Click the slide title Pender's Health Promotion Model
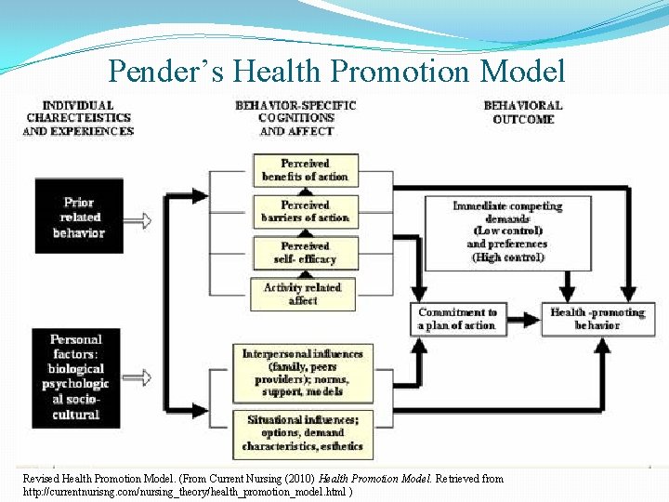pos(335,70)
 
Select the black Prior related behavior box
pos(79,218)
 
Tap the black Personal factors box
pos(76,377)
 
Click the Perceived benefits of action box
pos(305,170)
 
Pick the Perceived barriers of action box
pos(305,211)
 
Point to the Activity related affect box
pos(303,294)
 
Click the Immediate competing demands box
pos(507,231)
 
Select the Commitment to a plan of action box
pos(457,319)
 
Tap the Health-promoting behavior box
pos(597,319)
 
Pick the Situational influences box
pos(302,433)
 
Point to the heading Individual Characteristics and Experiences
pos(78,118)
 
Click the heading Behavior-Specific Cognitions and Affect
pos(296,118)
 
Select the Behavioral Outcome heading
pos(523,112)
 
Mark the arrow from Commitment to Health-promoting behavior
pos(523,319)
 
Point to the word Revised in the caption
pos(41,479)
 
